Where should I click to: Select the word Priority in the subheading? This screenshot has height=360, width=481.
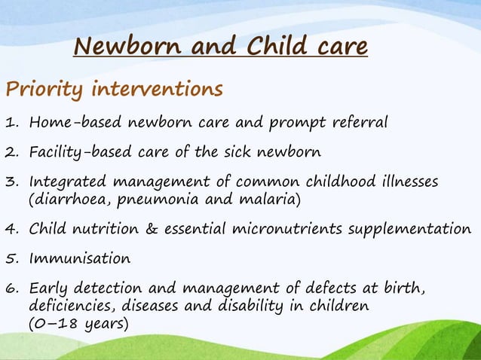pos(44,90)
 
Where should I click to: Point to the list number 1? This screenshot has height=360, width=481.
pos(11,122)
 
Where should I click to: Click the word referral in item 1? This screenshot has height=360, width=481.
pos(360,122)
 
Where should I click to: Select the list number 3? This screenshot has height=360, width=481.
pos(11,182)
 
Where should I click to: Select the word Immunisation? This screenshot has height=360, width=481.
pos(79,258)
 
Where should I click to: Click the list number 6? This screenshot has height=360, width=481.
pos(11,288)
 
